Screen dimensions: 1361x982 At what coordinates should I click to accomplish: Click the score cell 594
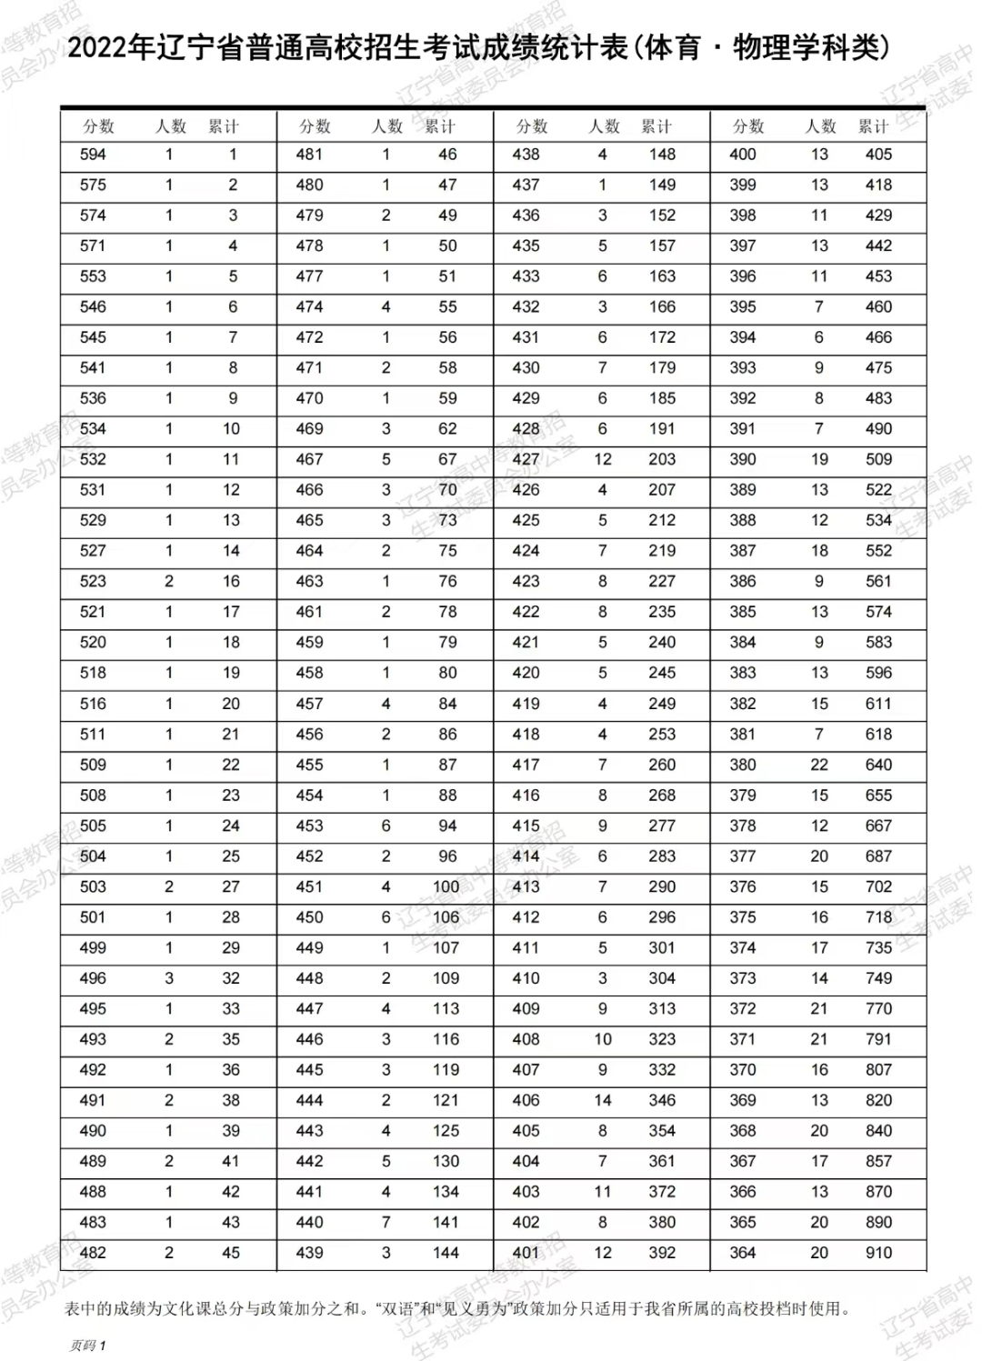click(93, 155)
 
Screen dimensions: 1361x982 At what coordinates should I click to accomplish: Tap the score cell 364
click(742, 1253)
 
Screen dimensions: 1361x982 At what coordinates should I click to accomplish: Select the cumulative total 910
click(878, 1253)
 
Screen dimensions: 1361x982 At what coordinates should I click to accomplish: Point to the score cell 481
click(309, 155)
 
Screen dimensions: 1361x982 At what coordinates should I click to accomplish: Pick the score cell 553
click(93, 276)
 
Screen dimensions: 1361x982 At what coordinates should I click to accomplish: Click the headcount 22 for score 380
click(819, 765)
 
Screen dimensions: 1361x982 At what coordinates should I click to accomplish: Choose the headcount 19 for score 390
click(819, 459)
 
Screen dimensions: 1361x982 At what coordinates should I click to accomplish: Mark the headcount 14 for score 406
click(603, 1100)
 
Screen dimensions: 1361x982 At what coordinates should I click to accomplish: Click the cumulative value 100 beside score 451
click(446, 886)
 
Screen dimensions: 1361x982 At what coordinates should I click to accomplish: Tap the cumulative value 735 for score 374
click(878, 947)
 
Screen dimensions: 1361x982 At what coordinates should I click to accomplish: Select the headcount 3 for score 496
click(169, 978)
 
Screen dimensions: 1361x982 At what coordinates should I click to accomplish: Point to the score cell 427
click(526, 459)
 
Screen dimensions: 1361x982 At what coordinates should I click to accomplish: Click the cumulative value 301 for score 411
click(662, 947)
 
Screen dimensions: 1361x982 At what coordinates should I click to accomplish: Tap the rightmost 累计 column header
click(874, 126)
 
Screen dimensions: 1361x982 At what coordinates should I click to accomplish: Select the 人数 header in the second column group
click(387, 126)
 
